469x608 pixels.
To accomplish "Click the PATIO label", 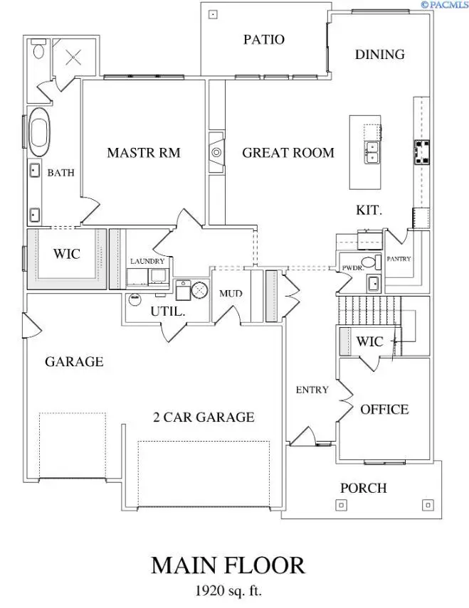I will coord(263,39).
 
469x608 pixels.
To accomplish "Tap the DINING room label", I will coord(379,54).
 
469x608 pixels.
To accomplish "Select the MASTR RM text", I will coord(143,152).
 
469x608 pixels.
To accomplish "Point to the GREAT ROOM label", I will coord(288,152).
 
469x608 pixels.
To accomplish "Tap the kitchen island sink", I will coord(371,152).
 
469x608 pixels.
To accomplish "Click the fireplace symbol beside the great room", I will coord(216,152).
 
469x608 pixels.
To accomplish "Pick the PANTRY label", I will coord(399,260).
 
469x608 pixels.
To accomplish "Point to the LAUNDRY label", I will coord(147,262).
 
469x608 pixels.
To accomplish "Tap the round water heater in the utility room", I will coord(200,289).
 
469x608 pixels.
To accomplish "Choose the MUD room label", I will coord(231,293).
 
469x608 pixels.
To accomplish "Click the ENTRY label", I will coord(312,390).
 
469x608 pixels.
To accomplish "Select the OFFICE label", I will coord(384,410).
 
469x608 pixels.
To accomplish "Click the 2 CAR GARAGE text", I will coord(204,417).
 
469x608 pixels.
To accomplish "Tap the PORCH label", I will coord(363,488).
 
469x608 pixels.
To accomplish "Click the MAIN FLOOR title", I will coord(228,565).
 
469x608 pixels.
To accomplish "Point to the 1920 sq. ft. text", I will coord(228,590).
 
